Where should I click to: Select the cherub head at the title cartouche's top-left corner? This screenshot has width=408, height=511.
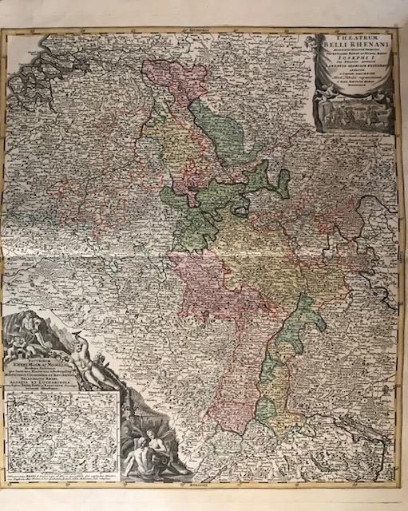pos(313,41)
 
